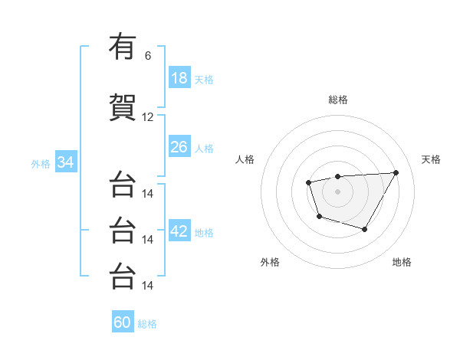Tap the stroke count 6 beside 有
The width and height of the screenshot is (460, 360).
148,56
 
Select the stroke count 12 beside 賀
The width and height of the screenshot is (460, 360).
148,117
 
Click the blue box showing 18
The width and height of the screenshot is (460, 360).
179,78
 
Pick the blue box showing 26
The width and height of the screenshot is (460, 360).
179,147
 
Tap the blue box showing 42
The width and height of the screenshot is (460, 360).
179,232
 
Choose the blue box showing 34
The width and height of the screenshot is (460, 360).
65,163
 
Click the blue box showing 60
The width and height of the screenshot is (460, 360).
123,322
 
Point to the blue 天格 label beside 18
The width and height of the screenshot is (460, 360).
204,79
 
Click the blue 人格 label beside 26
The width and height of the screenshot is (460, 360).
204,148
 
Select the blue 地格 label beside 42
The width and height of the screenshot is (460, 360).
204,233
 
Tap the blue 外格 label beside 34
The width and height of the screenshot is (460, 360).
41,164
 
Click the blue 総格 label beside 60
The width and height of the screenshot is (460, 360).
147,323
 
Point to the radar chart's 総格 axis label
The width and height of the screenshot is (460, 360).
338,100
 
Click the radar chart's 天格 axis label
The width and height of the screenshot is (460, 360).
431,159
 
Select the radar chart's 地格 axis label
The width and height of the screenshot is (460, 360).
402,262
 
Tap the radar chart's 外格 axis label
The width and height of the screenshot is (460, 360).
270,262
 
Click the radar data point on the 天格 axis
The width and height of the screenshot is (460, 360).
396,172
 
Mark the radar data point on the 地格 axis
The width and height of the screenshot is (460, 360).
365,229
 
